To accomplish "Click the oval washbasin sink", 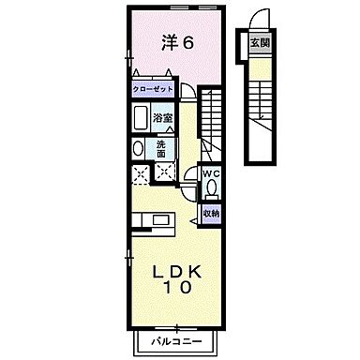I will (x=139, y=150).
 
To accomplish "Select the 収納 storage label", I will (x=212, y=214).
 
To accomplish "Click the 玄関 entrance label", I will (x=257, y=42).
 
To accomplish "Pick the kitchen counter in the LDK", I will (x=151, y=222).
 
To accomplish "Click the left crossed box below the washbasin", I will (x=140, y=172).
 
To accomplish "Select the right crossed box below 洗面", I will (x=164, y=171).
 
